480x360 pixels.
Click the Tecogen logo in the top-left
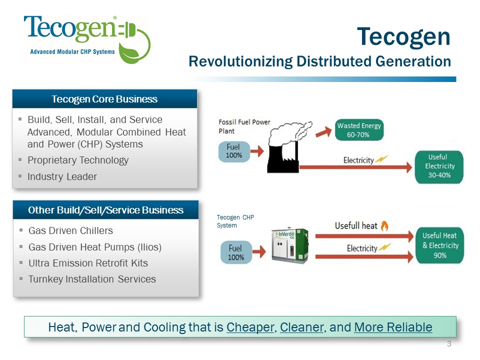pos(86,39)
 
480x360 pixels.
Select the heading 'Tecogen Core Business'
pos(104,99)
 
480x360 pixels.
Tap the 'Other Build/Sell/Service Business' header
pos(105,210)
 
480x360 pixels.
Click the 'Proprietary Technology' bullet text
pos(78,160)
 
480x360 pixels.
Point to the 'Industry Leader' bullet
pos(62,176)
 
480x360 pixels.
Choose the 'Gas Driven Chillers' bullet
pos(70,230)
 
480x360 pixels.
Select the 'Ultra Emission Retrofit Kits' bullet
pos(88,263)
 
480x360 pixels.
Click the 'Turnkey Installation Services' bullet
pos(92,279)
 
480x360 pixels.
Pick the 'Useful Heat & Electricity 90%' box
pos(440,245)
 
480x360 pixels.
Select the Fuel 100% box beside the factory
pos(234,151)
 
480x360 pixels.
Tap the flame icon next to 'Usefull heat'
pos(384,226)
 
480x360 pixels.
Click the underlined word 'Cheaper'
pos(250,327)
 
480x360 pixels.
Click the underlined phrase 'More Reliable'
pos(393,327)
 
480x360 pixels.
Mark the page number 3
pos(449,343)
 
